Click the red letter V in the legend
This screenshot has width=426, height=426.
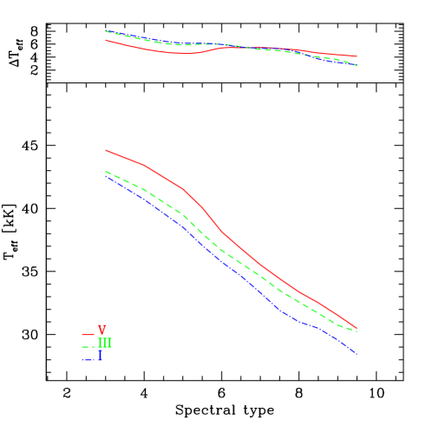click(x=102, y=331)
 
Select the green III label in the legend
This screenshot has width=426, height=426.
click(x=105, y=344)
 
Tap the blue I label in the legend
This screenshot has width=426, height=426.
click(x=101, y=356)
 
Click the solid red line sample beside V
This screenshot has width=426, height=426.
click(x=88, y=334)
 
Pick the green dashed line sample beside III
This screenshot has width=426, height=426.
click(x=88, y=346)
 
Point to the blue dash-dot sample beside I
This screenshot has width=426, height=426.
click(x=88, y=357)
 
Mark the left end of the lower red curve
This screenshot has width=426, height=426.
click(x=106, y=150)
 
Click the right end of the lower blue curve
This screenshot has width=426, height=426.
click(x=357, y=354)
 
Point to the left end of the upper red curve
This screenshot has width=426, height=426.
click(x=106, y=39)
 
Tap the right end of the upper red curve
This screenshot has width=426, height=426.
click(x=357, y=56)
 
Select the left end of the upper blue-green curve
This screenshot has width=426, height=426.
click(x=106, y=31)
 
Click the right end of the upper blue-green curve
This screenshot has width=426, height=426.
click(x=357, y=65)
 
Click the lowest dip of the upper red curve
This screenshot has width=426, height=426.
click(x=184, y=54)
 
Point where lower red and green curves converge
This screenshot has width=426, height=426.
click(x=356, y=330)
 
